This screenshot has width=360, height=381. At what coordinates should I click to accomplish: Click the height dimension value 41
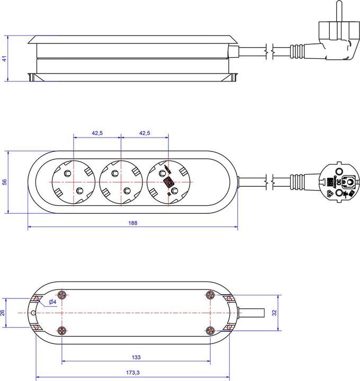pyautogui.click(x=5, y=59)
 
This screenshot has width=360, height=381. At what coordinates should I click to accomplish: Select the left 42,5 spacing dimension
pyautogui.click(x=97, y=134)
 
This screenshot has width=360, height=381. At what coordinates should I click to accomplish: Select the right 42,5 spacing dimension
pyautogui.click(x=145, y=134)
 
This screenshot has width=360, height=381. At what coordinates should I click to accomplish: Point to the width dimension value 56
pyautogui.click(x=5, y=182)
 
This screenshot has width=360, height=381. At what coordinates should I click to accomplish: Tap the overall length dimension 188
pyautogui.click(x=132, y=223)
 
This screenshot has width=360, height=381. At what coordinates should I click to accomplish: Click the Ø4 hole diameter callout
pyautogui.click(x=52, y=302)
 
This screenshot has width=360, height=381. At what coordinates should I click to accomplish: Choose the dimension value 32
pyautogui.click(x=274, y=313)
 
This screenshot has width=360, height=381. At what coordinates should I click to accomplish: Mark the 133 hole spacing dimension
pyautogui.click(x=136, y=358)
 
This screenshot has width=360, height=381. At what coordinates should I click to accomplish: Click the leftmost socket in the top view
pyautogui.click(x=74, y=182)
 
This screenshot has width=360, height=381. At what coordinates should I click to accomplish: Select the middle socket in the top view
pyautogui.click(x=121, y=182)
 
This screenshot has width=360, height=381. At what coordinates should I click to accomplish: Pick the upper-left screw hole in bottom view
pyautogui.click(x=62, y=295)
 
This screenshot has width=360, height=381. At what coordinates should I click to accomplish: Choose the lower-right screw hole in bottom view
pyautogui.click(x=209, y=331)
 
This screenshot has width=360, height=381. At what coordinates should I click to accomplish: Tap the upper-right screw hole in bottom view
pyautogui.click(x=209, y=295)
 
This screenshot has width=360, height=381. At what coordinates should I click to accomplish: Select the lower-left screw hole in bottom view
pyautogui.click(x=62, y=331)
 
